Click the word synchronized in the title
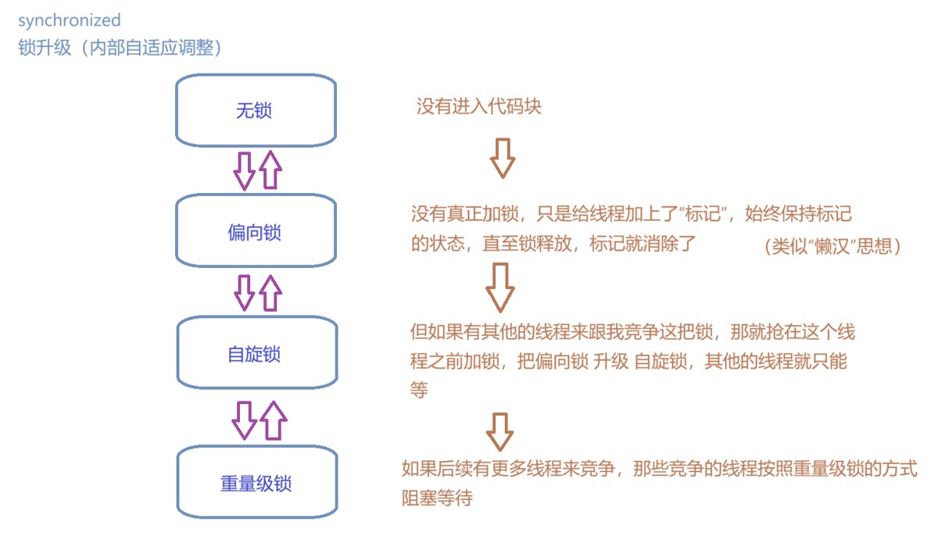click(70, 20)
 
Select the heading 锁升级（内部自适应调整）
click(121, 48)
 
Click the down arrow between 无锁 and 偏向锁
click(244, 170)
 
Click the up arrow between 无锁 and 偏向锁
click(270, 170)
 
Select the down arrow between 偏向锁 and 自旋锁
click(245, 292)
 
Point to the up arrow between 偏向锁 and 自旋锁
click(270, 292)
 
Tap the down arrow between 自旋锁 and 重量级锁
click(244, 420)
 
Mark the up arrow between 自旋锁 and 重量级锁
click(273, 420)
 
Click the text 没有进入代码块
click(478, 107)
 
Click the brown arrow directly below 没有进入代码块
click(502, 159)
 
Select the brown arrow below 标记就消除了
click(500, 287)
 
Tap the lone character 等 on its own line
click(420, 390)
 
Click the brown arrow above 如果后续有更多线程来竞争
click(499, 432)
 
